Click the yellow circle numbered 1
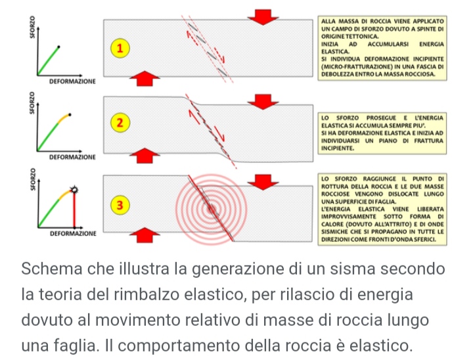click(x=120, y=48)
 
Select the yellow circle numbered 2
click(x=120, y=123)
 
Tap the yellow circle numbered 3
click(x=120, y=205)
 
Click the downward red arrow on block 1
click(x=263, y=17)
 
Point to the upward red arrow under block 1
click(x=145, y=78)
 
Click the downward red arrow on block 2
click(x=263, y=102)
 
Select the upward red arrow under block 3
click(x=145, y=235)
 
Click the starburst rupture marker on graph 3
click(x=74, y=190)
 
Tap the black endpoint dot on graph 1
click(x=58, y=47)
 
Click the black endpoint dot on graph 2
click(x=70, y=115)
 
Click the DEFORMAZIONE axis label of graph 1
click(x=72, y=81)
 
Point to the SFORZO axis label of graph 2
click(x=32, y=103)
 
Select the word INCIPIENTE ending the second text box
click(x=338, y=148)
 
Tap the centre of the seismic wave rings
click(x=212, y=209)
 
